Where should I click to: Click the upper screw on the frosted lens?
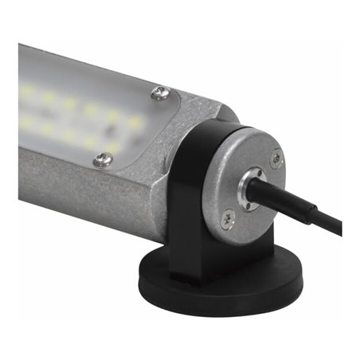[160, 93]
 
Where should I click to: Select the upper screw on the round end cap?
[275, 158]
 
